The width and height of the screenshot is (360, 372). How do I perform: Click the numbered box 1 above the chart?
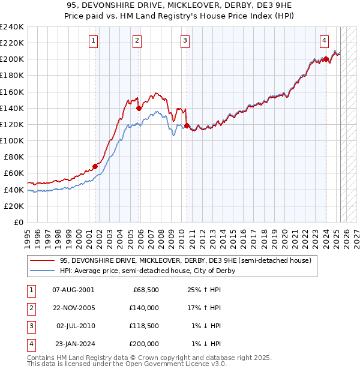tap(94, 41)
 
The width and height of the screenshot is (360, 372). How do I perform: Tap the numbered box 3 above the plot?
tap(185, 41)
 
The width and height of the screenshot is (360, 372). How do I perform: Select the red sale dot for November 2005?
tap(139, 108)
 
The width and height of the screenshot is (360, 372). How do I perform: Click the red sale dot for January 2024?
tap(325, 59)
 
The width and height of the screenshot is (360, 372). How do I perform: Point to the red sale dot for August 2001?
tap(95, 166)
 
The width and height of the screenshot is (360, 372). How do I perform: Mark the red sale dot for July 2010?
tap(187, 125)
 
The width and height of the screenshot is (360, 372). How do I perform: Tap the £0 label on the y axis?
tap(18, 222)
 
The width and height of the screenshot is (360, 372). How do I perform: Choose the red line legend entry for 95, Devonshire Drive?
tap(185, 261)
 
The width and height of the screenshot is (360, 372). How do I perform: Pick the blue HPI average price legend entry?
tap(147, 271)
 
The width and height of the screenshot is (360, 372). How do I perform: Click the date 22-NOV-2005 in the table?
tap(73, 308)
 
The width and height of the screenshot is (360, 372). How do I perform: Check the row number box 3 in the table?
tap(29, 326)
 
